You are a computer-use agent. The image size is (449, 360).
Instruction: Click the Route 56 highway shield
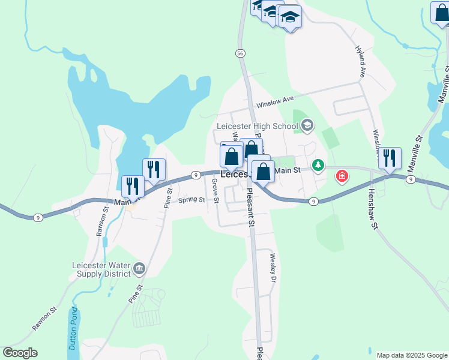(240, 53)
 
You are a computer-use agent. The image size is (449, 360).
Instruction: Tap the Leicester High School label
(258, 126)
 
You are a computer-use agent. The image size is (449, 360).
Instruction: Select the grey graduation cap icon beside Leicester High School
(307, 125)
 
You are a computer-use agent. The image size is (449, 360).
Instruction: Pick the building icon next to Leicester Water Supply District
(139, 268)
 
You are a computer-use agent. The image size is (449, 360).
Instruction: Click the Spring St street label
(191, 200)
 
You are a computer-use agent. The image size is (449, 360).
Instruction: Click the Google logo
(20, 353)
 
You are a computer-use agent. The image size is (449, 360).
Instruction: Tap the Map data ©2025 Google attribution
(412, 355)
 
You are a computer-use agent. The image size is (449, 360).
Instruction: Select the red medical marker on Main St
(342, 176)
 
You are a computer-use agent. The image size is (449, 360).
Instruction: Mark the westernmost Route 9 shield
(37, 217)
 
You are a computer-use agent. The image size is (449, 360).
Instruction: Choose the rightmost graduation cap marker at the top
(290, 17)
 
